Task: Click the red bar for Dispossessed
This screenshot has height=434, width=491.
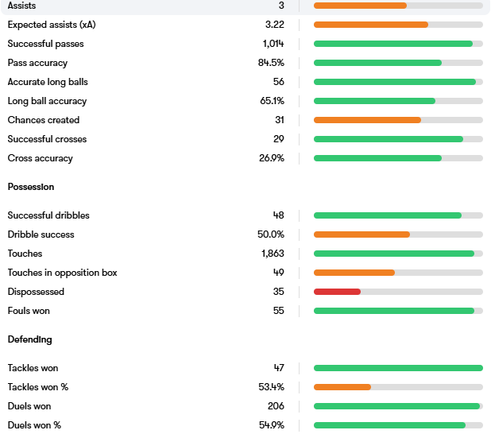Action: click(x=337, y=292)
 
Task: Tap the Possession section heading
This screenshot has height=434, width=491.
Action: click(x=31, y=187)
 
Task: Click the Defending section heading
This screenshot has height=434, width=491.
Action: click(x=30, y=339)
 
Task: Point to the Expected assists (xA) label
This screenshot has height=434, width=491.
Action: click(x=52, y=25)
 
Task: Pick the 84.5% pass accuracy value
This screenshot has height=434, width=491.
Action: click(x=271, y=63)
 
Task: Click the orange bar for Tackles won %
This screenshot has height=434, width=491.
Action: click(x=342, y=387)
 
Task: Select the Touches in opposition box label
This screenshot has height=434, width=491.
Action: click(x=62, y=273)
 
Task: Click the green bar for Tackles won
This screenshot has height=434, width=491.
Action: click(x=398, y=368)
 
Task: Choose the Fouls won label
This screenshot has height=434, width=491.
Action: click(x=30, y=311)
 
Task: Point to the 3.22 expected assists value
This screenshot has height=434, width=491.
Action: click(x=275, y=25)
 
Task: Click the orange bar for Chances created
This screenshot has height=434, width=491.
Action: click(x=367, y=120)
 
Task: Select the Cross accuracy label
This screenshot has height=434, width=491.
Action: click(x=40, y=158)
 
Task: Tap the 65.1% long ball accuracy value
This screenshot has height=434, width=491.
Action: click(x=272, y=101)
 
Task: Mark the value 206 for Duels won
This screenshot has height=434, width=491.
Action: click(x=276, y=406)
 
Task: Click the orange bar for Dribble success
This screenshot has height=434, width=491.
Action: click(x=361, y=234)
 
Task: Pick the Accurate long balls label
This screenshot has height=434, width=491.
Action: click(x=47, y=82)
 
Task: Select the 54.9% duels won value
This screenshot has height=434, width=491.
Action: click(x=271, y=425)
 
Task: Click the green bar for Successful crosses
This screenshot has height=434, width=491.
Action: click(x=388, y=139)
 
